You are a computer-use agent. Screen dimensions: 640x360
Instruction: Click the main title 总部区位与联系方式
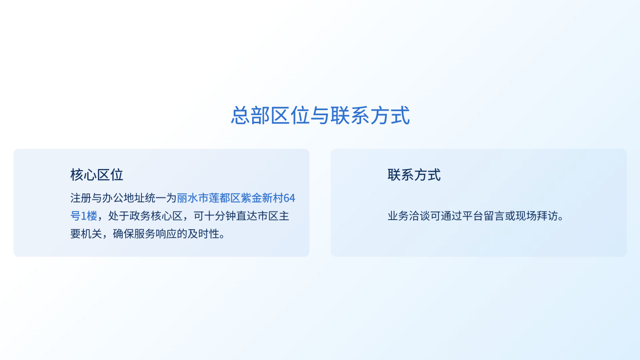320,115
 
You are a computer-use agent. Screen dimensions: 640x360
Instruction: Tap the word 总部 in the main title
251,115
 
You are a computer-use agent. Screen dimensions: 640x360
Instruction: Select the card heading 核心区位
97,175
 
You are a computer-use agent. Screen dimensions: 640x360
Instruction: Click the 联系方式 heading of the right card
414,175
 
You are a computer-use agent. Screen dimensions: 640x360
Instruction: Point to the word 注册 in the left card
81,198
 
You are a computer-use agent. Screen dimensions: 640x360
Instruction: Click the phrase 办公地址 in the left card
123,198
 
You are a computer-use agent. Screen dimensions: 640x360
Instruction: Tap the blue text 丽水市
193,198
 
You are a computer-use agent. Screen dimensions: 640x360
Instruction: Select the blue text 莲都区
225,198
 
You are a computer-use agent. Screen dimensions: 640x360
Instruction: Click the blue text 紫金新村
262,198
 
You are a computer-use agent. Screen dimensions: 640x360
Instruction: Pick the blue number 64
289,198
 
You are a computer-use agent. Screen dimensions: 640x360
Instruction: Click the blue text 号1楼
84,216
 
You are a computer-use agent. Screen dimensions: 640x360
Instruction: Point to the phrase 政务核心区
156,216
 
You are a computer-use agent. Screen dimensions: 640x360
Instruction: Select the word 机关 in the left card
91,234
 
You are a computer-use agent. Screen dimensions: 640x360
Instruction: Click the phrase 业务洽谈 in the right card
409,216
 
